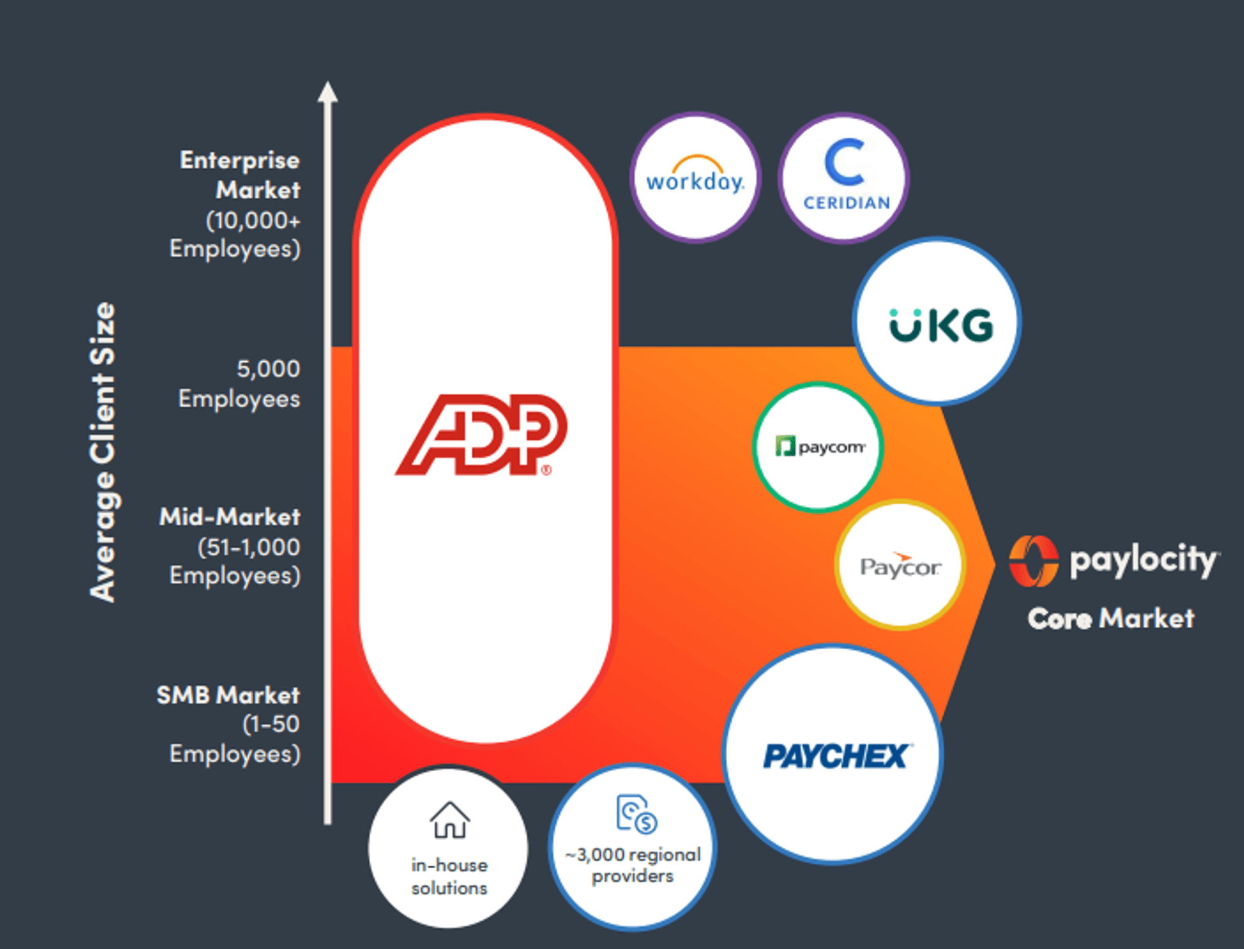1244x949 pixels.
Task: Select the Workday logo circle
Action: pos(695,178)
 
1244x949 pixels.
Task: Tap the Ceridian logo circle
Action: pos(844,178)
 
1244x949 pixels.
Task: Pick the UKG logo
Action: pos(941,325)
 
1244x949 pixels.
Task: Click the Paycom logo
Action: pos(819,447)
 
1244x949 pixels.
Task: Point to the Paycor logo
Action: pos(900,566)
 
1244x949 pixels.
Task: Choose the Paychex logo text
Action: pos(835,756)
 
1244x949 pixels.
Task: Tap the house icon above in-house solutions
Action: pos(449,820)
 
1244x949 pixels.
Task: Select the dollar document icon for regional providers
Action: pos(636,813)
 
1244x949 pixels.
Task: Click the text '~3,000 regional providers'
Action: pos(633,865)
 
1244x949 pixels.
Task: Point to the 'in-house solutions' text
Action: pos(449,876)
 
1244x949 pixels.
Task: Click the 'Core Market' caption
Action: pos(1111,618)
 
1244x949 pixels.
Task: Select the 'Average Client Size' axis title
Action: pos(103,452)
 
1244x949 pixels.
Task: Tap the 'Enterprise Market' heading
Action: pos(240,175)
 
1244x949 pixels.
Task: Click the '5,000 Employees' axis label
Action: pos(239,384)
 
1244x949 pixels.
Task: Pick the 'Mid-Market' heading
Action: pos(230,517)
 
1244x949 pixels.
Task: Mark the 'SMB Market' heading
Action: pos(228,695)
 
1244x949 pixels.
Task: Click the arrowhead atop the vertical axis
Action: pos(328,92)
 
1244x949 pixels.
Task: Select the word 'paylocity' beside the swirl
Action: pos(1143,560)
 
